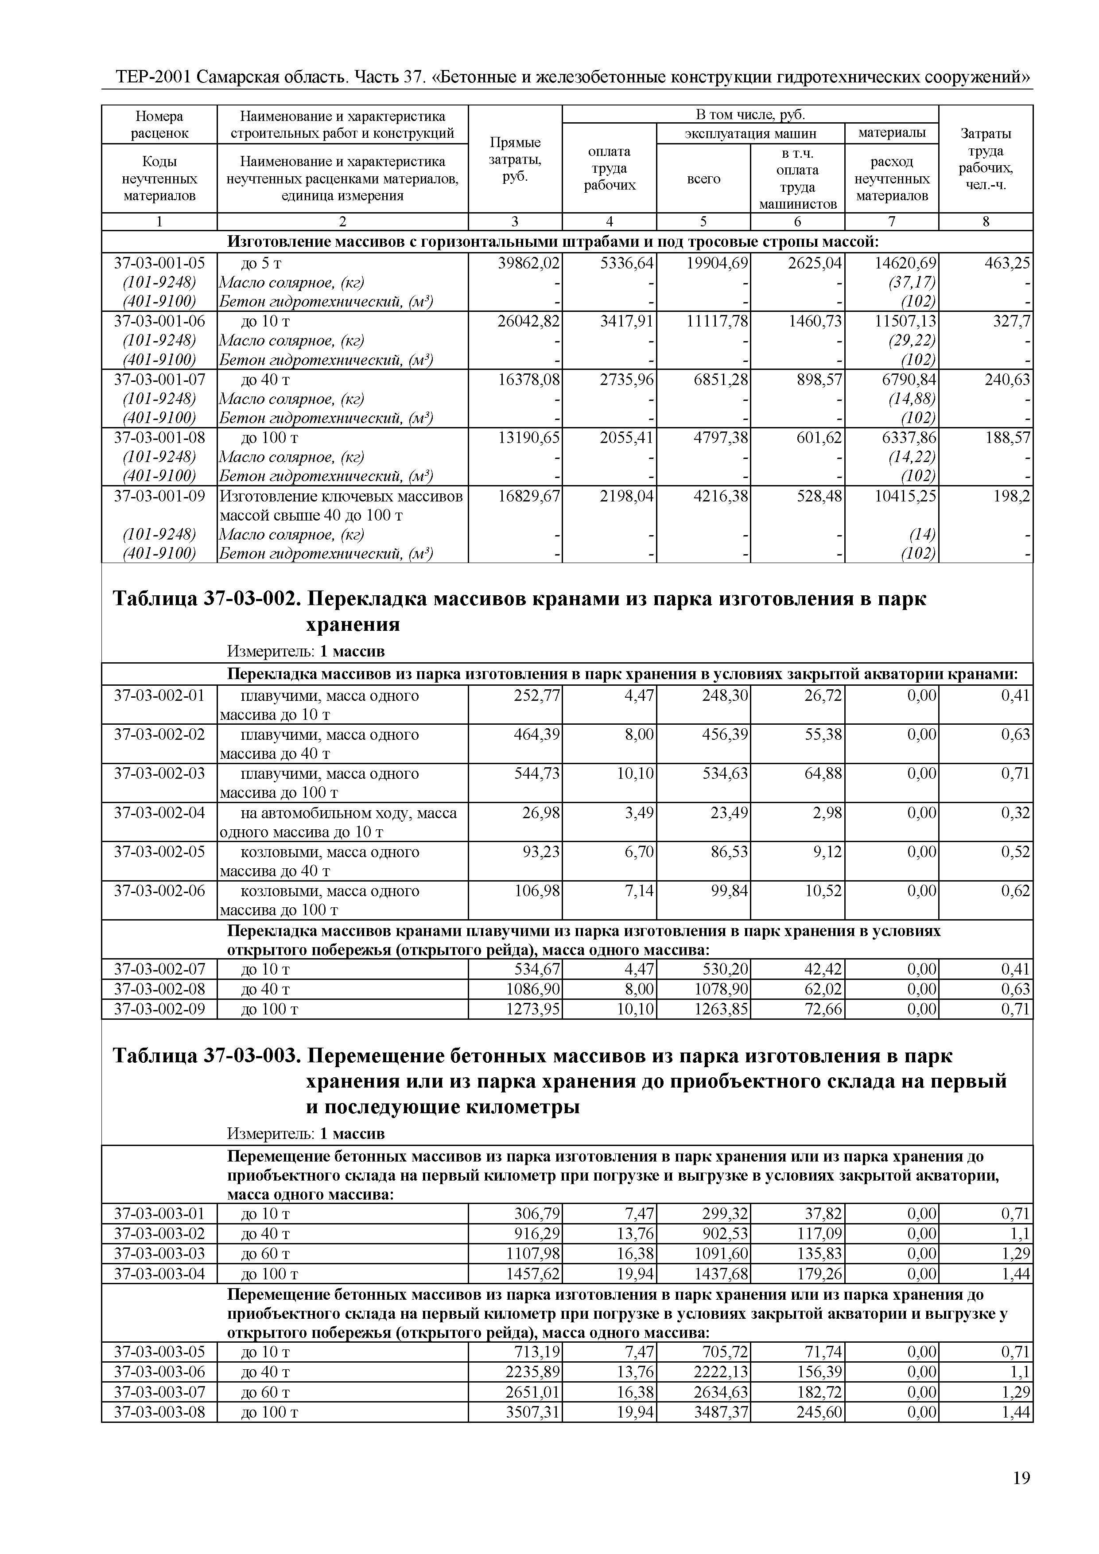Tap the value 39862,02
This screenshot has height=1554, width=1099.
pyautogui.click(x=528, y=263)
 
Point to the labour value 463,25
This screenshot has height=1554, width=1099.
pyautogui.click(x=1007, y=263)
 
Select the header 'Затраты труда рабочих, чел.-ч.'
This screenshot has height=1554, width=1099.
pyautogui.click(x=985, y=160)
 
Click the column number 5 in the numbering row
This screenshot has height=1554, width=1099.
pyautogui.click(x=703, y=221)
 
